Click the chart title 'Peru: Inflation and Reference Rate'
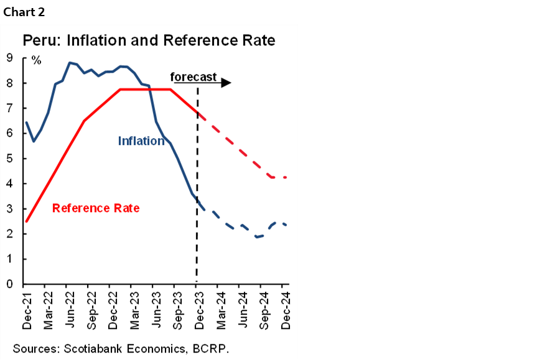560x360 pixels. tap(149, 41)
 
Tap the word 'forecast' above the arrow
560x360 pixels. tap(194, 77)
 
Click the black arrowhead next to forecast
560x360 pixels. tap(225, 83)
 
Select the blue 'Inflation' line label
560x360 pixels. tap(141, 141)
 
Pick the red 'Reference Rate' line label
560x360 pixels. tap(96, 208)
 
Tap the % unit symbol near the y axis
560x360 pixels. tap(37, 60)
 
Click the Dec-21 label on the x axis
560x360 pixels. tap(27, 309)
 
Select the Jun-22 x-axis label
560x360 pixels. tap(70, 309)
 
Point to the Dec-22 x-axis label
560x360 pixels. tap(113, 309)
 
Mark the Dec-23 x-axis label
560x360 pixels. tap(199, 309)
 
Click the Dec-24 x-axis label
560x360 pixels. tap(285, 309)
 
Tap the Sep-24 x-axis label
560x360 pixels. tap(264, 309)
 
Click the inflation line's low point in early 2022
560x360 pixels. tap(34, 141)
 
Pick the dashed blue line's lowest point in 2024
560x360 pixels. tap(256, 237)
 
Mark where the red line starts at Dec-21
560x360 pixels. tap(26, 221)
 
